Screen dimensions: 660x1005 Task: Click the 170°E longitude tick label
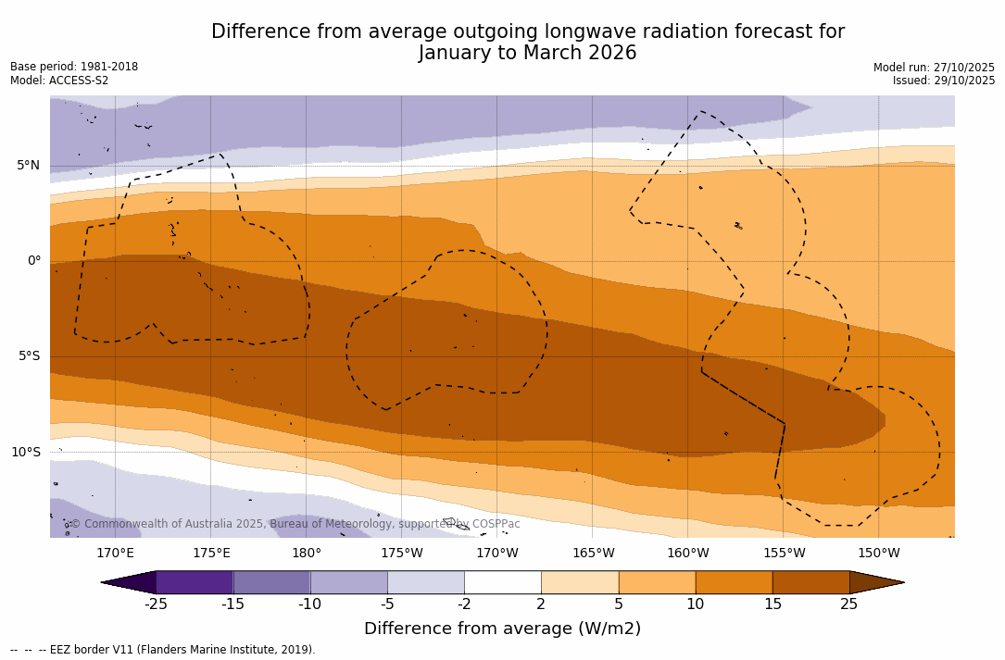point(115,554)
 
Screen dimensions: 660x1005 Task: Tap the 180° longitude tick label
point(307,554)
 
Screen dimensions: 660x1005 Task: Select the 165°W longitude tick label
point(593,554)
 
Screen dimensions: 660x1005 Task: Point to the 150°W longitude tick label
point(878,554)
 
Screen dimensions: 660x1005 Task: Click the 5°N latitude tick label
point(28,166)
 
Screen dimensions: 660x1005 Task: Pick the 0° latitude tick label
point(33,261)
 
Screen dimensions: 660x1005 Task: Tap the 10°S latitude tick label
point(25,453)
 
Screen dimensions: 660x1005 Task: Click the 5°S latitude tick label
point(28,356)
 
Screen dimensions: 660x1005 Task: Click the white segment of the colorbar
point(502,582)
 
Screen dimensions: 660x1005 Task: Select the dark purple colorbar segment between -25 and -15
point(195,582)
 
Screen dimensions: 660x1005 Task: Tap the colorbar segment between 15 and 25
point(810,582)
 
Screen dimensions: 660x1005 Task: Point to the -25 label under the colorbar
point(156,604)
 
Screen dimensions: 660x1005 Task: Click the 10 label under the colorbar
point(695,604)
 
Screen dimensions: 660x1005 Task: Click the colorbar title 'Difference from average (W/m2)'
point(502,629)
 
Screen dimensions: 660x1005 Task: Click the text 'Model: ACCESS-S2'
point(59,81)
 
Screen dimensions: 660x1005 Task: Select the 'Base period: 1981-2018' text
point(74,67)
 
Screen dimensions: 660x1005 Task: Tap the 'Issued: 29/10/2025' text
point(944,81)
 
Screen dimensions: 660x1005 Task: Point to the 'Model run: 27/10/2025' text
point(934,68)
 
